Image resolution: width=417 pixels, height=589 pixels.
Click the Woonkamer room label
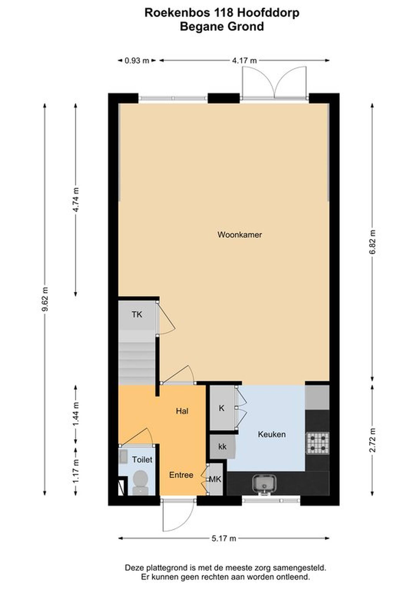[x=240, y=235]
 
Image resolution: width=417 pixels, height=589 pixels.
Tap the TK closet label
[x=137, y=315]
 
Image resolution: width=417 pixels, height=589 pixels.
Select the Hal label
[x=182, y=411]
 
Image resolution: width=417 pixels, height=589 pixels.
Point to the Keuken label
[x=272, y=434]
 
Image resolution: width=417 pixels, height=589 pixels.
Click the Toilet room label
[x=142, y=459]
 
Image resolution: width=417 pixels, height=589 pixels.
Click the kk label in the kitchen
[x=222, y=447]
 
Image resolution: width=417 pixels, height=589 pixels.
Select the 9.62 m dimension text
[x=45, y=299]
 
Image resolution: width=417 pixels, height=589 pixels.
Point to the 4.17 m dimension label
[x=244, y=61]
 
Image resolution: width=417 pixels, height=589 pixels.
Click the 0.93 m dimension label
[x=137, y=61]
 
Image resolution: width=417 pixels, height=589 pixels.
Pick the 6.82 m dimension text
[x=372, y=242]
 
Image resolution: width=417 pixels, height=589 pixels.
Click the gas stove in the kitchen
[x=317, y=443]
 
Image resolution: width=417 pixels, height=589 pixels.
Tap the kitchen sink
[x=264, y=484]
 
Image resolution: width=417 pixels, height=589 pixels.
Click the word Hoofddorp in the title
[x=268, y=13]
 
